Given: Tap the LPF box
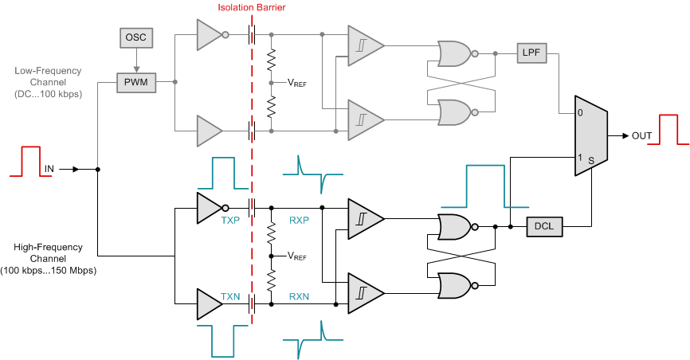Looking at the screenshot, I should pos(531,53).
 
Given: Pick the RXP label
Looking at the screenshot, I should pos(300,219).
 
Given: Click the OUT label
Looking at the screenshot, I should pos(642,136).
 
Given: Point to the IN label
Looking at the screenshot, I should pos(49,169).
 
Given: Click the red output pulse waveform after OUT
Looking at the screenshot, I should pos(672,129).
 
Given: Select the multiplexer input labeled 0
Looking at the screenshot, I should pos(579,113).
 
